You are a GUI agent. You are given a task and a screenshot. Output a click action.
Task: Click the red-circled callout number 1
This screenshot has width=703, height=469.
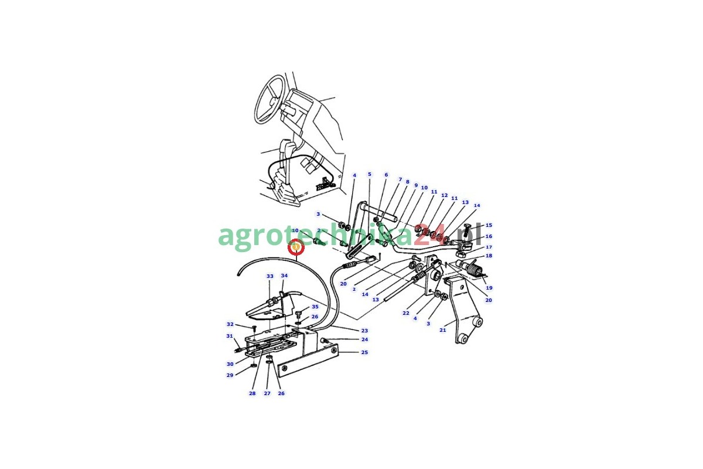(x=296, y=247)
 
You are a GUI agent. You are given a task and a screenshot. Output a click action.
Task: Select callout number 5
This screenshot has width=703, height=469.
(x=370, y=174)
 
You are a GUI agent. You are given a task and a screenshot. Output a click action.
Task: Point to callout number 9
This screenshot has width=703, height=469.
(x=416, y=185)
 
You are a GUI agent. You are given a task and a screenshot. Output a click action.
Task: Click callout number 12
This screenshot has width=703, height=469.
(x=445, y=195)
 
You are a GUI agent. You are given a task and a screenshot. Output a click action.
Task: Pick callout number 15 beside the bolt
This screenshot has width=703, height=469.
(x=489, y=225)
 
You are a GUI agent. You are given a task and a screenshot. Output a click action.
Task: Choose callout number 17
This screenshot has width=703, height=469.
(x=489, y=247)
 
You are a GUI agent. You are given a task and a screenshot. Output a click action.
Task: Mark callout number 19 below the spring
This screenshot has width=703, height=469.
(x=489, y=287)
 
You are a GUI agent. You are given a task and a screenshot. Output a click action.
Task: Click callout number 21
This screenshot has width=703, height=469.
(x=442, y=330)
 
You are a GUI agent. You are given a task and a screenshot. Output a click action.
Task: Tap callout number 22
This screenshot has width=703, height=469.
(x=406, y=313)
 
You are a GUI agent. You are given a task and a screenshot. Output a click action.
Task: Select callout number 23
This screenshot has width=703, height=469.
(x=364, y=331)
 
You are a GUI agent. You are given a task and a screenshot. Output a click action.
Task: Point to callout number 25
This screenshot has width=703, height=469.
(x=364, y=352)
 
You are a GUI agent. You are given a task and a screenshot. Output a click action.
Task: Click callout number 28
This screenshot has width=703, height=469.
(x=252, y=393)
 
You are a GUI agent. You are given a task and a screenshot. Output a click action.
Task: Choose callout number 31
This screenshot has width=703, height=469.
(x=230, y=336)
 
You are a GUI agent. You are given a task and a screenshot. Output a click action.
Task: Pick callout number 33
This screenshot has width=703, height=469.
(x=270, y=276)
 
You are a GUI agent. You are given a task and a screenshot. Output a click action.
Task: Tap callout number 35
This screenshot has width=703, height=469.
(x=315, y=307)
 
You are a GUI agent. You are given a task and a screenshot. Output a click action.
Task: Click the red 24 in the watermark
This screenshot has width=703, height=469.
(x=427, y=235)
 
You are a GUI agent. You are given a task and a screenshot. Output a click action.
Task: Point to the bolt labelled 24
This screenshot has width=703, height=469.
(x=324, y=340)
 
